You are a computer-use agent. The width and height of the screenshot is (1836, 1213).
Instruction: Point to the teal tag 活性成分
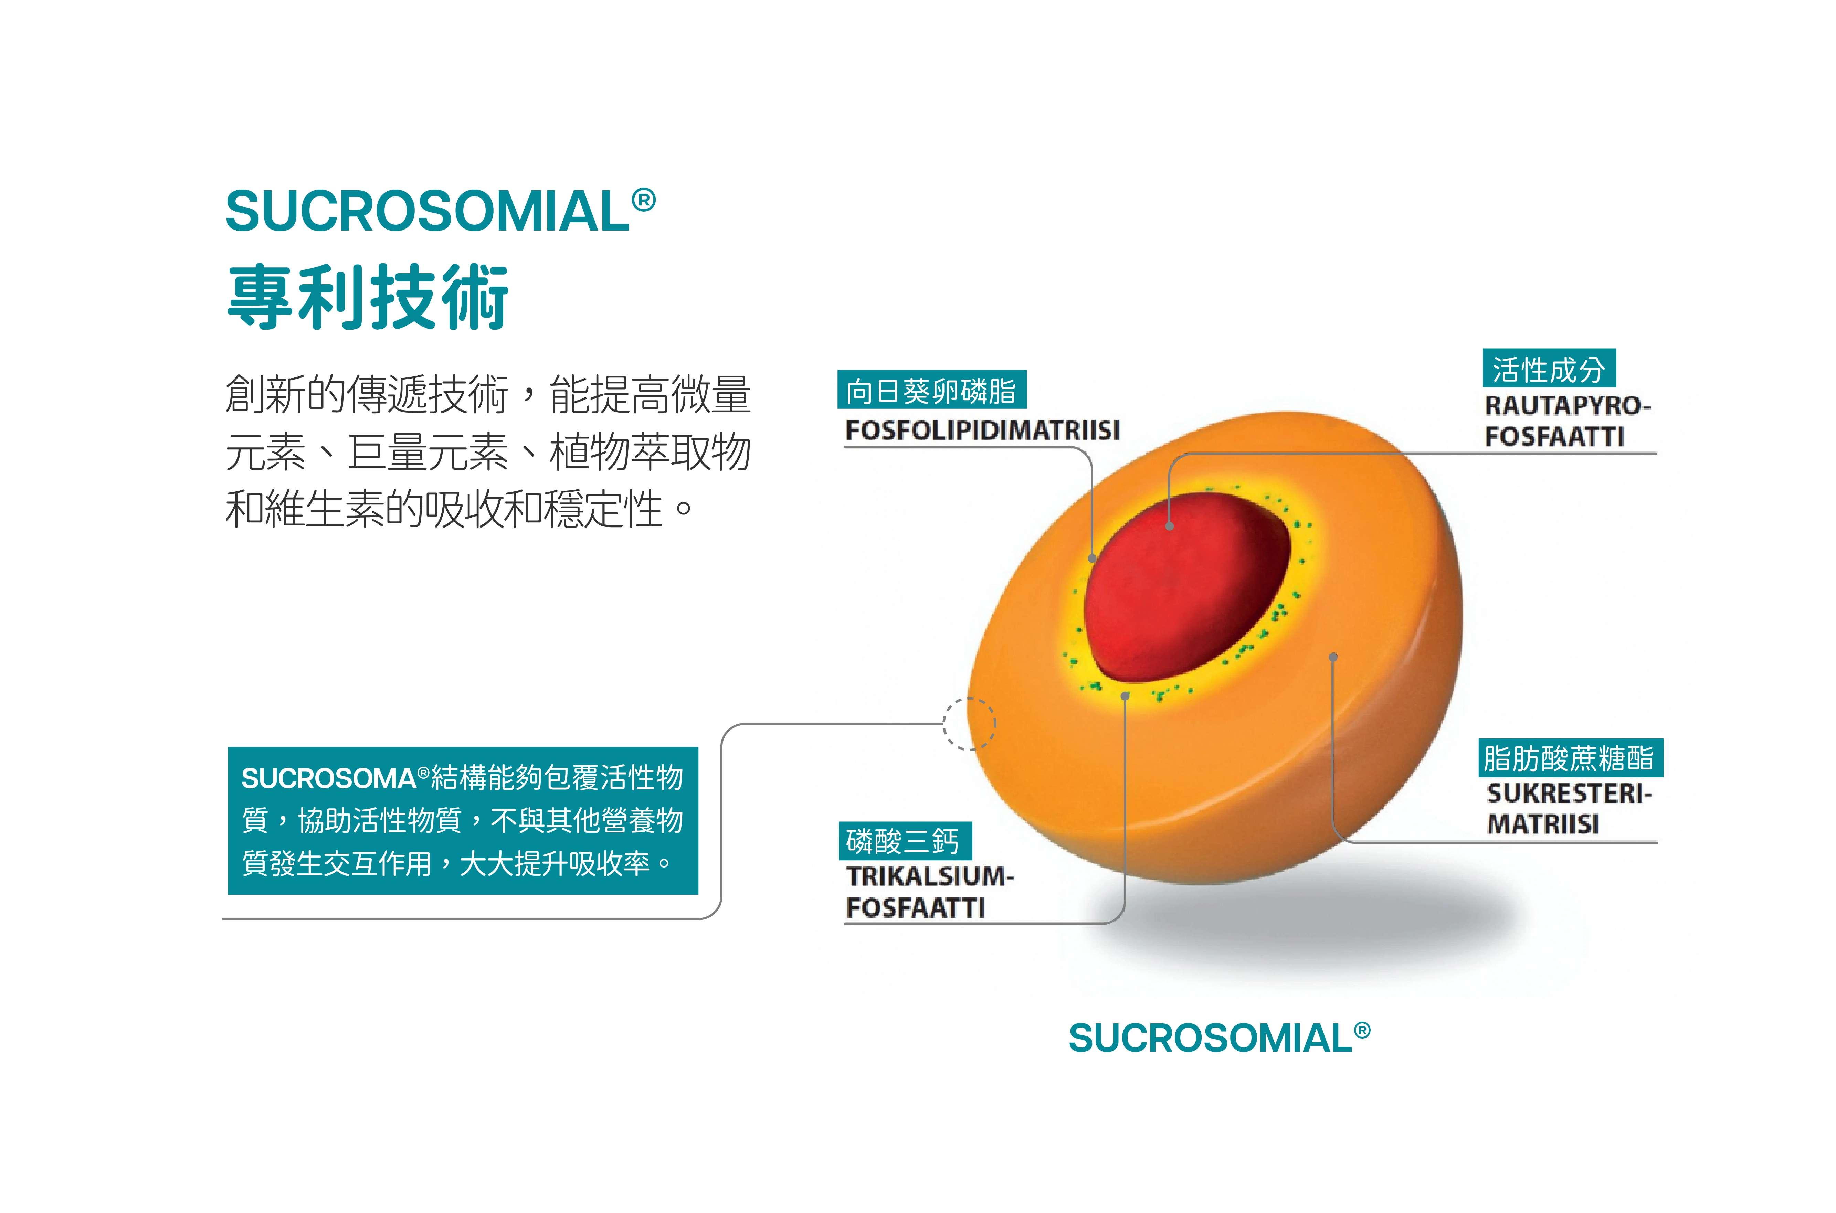tap(1549, 368)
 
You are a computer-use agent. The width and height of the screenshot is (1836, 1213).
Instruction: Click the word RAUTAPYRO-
tap(1568, 405)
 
